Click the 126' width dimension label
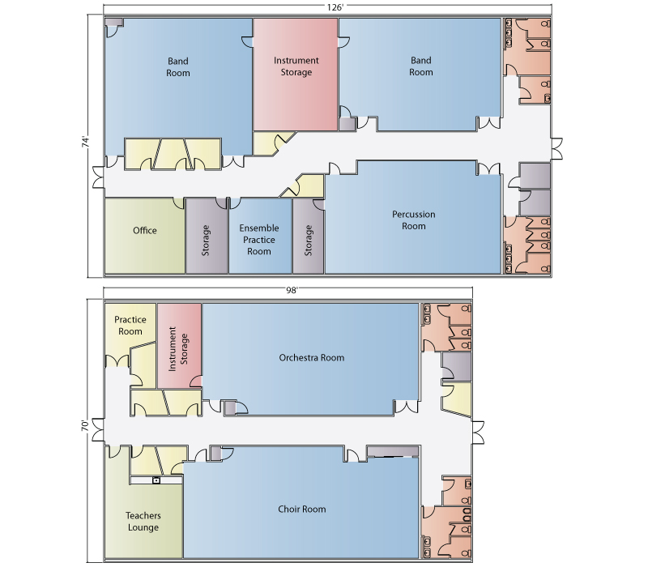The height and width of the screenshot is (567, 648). (x=335, y=8)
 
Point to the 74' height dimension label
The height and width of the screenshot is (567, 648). (x=86, y=143)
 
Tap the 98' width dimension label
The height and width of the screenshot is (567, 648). (x=292, y=290)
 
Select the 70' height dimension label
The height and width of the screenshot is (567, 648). (x=85, y=426)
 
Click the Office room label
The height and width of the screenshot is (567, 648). (x=145, y=231)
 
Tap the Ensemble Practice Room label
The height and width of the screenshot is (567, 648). (x=259, y=240)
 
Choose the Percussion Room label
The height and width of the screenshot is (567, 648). (x=414, y=220)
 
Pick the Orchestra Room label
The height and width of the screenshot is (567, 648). (x=312, y=357)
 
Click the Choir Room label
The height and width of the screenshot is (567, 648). (x=301, y=509)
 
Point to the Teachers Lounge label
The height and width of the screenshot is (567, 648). (x=143, y=522)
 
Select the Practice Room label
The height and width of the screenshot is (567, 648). (x=130, y=326)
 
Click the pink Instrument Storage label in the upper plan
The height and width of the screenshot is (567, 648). (x=296, y=66)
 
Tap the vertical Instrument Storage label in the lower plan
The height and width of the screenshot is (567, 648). (x=178, y=349)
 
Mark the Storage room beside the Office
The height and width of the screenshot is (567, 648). (x=206, y=241)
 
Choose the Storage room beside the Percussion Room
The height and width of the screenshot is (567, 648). (x=309, y=241)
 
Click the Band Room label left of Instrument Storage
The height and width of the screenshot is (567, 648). (x=178, y=67)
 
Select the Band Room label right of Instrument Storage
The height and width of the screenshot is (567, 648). (x=421, y=66)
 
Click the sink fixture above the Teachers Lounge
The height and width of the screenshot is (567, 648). (x=156, y=480)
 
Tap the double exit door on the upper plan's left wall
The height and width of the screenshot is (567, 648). (x=98, y=177)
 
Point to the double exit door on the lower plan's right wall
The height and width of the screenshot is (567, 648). (x=478, y=433)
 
